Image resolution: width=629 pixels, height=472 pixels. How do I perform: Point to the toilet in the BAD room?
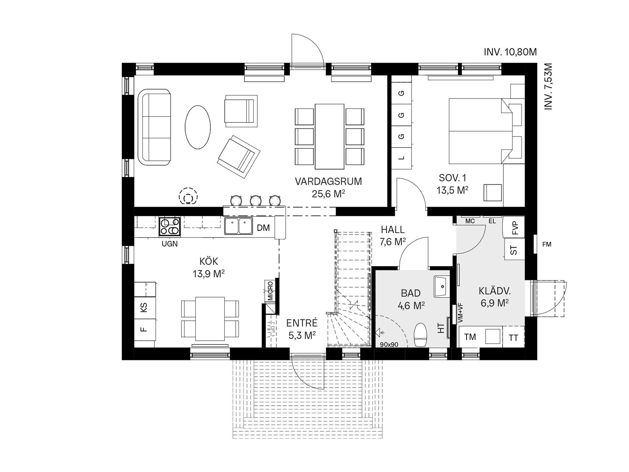[420, 335]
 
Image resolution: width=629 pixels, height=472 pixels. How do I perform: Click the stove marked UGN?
[170, 226]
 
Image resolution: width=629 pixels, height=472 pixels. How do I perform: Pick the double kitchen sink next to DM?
[238, 226]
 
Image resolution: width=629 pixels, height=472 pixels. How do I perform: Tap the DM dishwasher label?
[263, 228]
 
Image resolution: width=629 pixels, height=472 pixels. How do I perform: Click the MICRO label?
[270, 291]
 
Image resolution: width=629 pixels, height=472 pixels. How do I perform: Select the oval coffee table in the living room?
[198, 127]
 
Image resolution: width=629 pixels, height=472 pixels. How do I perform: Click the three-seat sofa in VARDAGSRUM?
[154, 126]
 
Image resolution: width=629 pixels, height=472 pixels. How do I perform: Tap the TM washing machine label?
[470, 337]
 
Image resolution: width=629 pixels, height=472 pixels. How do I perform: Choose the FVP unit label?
[515, 228]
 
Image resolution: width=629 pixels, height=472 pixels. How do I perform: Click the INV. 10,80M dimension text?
[510, 52]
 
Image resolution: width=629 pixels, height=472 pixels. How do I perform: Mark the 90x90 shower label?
[389, 345]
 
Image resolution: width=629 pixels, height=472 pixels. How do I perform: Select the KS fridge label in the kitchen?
[144, 307]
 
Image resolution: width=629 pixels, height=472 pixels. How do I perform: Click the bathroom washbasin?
[441, 286]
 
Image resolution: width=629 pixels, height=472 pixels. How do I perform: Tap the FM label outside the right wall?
[547, 244]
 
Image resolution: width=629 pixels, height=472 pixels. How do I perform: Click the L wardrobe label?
[402, 158]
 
